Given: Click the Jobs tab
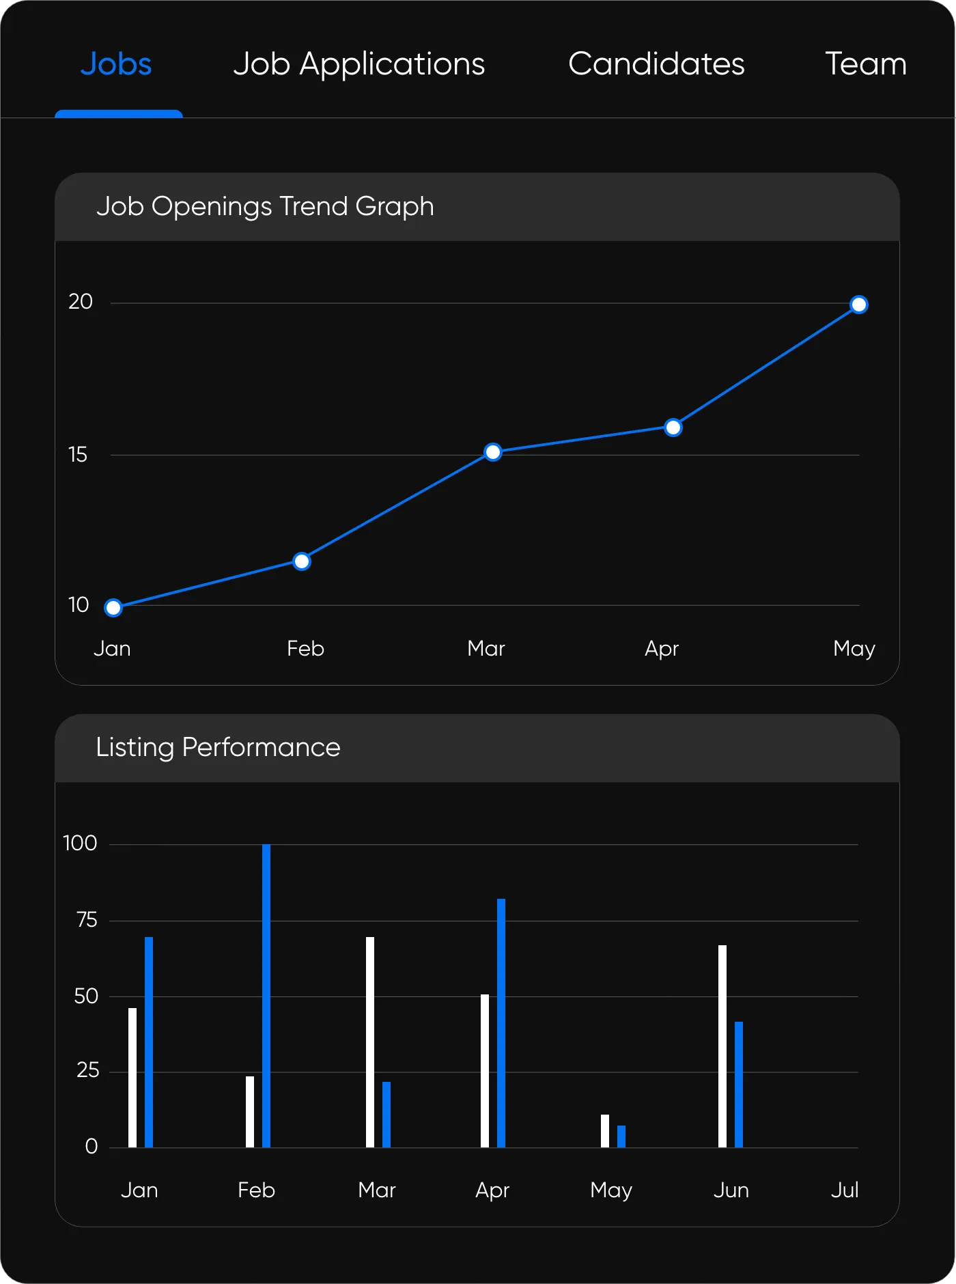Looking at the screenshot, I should pyautogui.click(x=116, y=64).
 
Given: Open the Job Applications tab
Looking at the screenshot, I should pyautogui.click(x=358, y=64).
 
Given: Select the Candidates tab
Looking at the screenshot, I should pyautogui.click(x=656, y=64).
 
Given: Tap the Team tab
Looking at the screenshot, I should pyautogui.click(x=865, y=64).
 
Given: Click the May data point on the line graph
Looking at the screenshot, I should pyautogui.click(x=859, y=305).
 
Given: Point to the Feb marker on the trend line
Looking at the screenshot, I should pyautogui.click(x=302, y=561).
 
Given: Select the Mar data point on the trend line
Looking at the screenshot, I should pyautogui.click(x=493, y=452).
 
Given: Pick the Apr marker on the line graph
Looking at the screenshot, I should pyautogui.click(x=673, y=428).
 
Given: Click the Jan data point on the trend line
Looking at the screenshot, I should pyautogui.click(x=113, y=608).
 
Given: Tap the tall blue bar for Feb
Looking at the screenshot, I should pyautogui.click(x=266, y=996).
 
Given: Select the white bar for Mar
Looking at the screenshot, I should pyautogui.click(x=370, y=1042).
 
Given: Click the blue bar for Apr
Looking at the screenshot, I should pyautogui.click(x=501, y=1023).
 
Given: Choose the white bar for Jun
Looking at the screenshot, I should pyautogui.click(x=722, y=1046).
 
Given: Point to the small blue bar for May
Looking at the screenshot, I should pyautogui.click(x=621, y=1136).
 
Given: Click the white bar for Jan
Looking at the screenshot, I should pyautogui.click(x=132, y=1078).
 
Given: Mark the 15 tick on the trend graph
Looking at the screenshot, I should pyautogui.click(x=78, y=455).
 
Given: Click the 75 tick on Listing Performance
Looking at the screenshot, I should pyautogui.click(x=87, y=920).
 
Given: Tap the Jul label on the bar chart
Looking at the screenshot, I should pyautogui.click(x=845, y=1190).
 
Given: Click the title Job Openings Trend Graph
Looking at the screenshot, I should pyautogui.click(x=265, y=206).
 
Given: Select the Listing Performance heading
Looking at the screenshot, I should pyautogui.click(x=218, y=747).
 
